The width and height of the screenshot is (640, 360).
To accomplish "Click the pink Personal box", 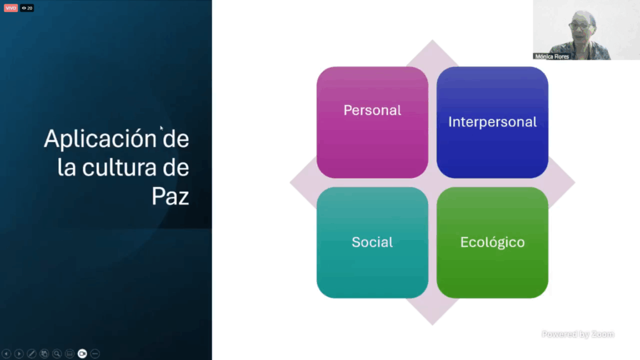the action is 372,122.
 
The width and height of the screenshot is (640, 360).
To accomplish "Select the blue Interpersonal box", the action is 492,122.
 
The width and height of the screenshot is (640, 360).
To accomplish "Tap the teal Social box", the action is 372,242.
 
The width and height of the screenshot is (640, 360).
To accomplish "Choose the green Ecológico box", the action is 492,242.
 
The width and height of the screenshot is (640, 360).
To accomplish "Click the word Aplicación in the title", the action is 100,139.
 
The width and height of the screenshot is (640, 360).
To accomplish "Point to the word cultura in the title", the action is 119,167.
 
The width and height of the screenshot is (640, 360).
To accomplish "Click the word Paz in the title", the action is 170,196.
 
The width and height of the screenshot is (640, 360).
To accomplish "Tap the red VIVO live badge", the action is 11,7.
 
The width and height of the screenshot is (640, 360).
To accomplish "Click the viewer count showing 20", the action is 27,7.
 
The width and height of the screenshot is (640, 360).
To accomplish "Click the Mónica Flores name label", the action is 552,57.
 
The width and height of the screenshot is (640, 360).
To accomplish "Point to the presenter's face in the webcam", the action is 581,26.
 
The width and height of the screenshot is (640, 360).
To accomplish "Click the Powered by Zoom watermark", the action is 578,334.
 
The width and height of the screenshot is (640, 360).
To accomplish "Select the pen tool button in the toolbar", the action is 31,354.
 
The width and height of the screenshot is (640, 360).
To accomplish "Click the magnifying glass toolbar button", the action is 57,354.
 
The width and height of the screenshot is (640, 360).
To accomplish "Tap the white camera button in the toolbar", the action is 82,354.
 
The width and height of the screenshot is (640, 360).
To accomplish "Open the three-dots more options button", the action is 95,354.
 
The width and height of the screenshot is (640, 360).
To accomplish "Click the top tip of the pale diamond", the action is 432,40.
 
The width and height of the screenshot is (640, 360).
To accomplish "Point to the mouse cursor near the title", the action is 162,128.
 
